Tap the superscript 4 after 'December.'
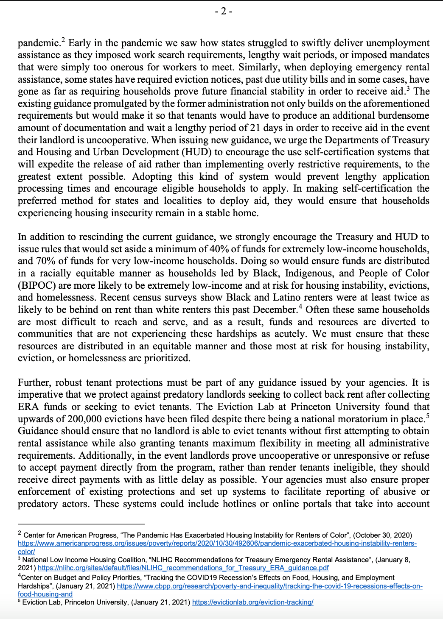pyautogui.click(x=300, y=307)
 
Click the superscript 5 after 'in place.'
pyautogui.click(x=427, y=416)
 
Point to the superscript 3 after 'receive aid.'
pyautogui.click(x=408, y=89)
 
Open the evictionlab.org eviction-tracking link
pyautogui.click(x=252, y=602)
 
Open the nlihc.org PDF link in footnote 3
pyautogui.click(x=183, y=568)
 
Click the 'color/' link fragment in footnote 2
pyautogui.click(x=26, y=552)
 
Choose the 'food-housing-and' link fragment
pyautogui.click(x=45, y=594)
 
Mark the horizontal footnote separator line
pyautogui.click(x=81, y=524)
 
